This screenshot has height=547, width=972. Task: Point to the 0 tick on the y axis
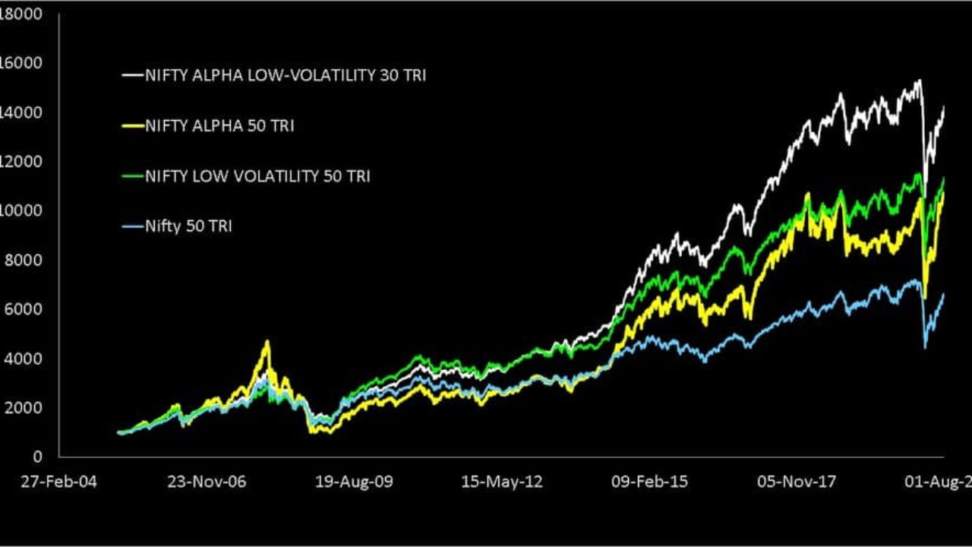pos(36,457)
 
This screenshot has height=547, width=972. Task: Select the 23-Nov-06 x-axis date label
pos(207,482)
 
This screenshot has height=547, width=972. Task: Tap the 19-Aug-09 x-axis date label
pos(355,482)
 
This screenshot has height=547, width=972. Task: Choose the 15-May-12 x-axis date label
pos(502,482)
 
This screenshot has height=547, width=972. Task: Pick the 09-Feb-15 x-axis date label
pos(649,482)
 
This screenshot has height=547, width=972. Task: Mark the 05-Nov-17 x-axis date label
pos(797,482)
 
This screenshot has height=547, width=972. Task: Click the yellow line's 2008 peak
pos(267,343)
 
